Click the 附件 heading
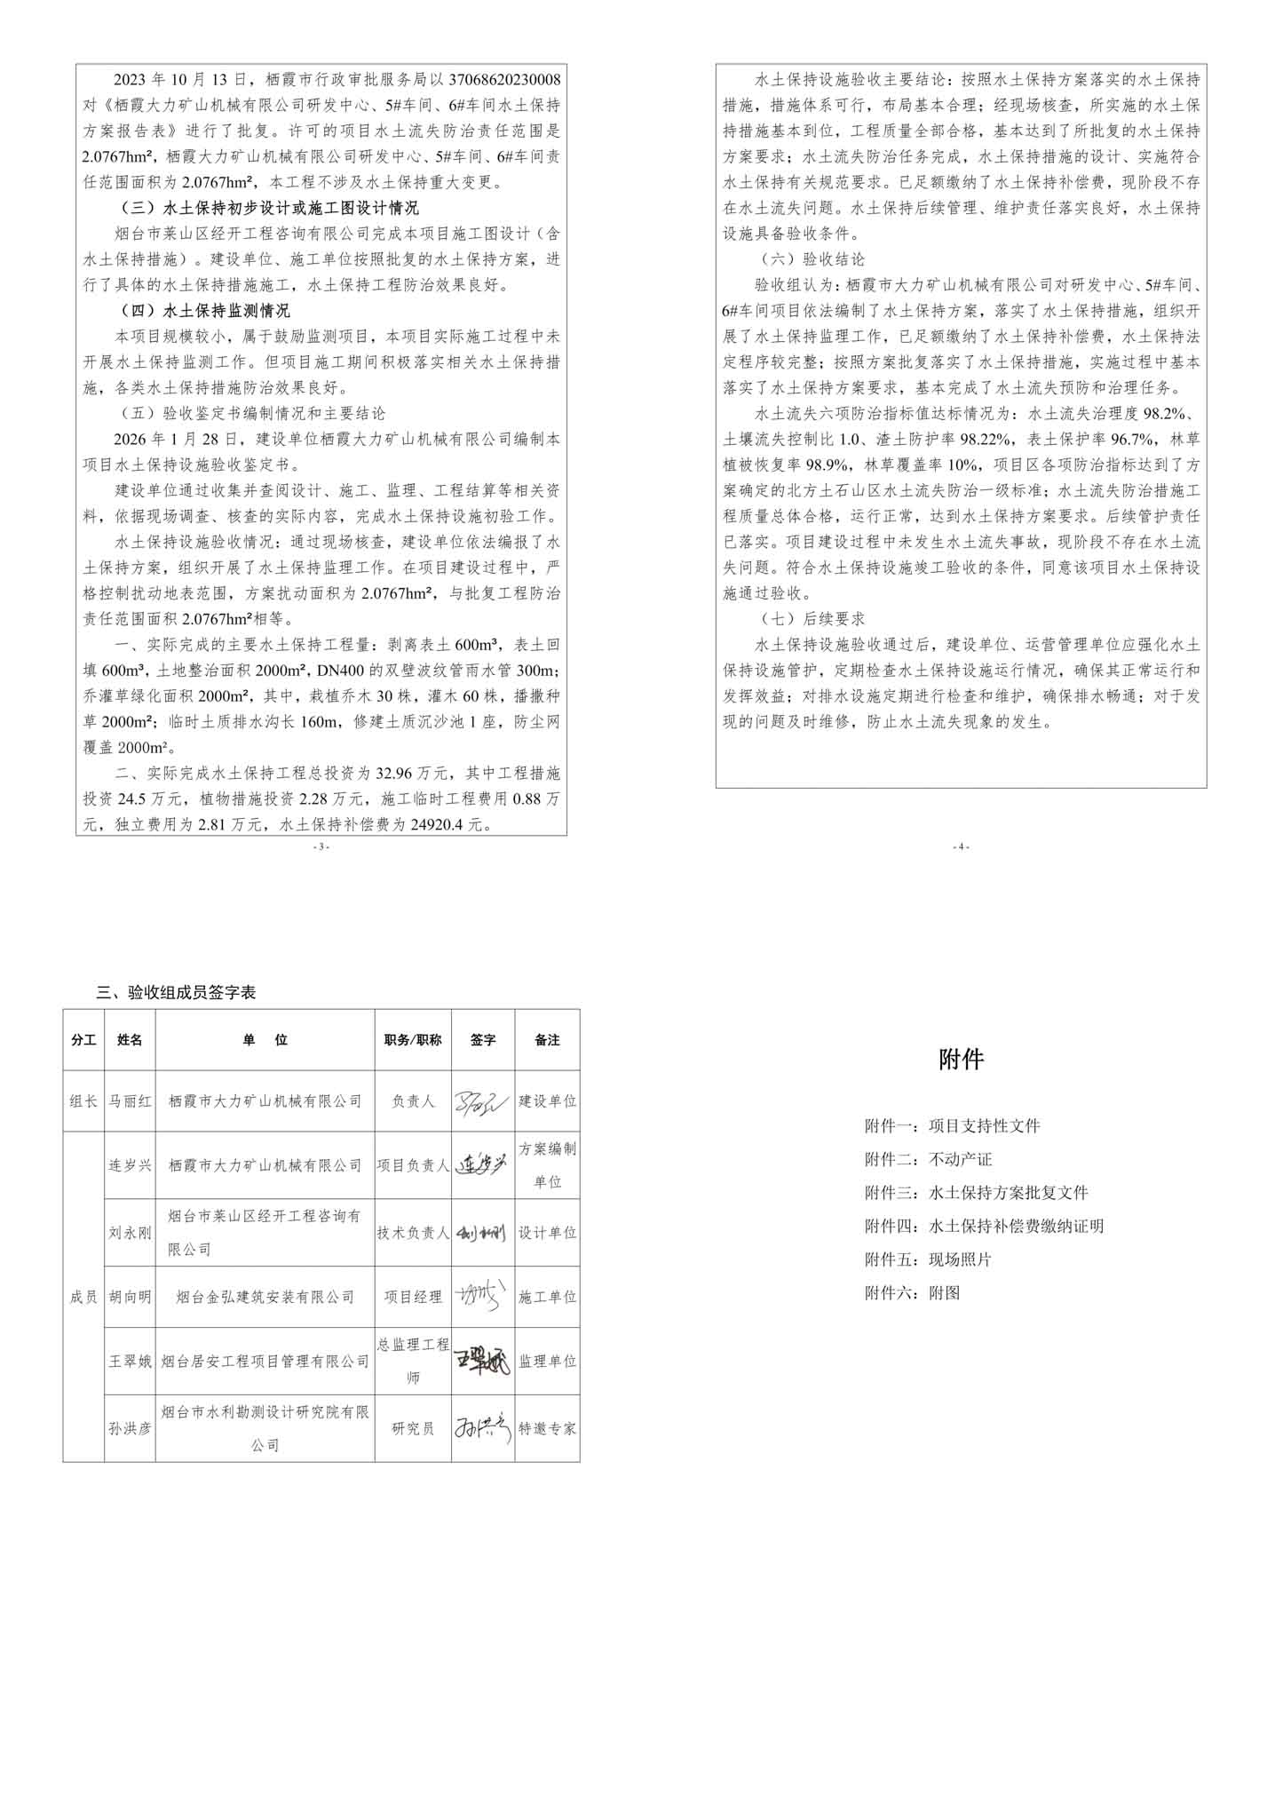click(961, 1059)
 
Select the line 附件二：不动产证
click(928, 1159)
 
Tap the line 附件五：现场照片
click(928, 1259)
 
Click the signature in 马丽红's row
click(482, 1100)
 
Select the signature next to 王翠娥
click(482, 1362)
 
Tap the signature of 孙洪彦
click(482, 1428)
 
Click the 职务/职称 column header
click(413, 1039)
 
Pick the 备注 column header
click(547, 1039)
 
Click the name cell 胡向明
click(130, 1297)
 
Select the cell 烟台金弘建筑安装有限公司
click(265, 1297)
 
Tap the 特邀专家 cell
click(547, 1429)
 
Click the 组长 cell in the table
click(83, 1100)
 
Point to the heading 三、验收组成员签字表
click(176, 993)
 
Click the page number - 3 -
click(321, 846)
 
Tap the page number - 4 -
click(961, 846)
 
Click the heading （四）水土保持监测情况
click(203, 311)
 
